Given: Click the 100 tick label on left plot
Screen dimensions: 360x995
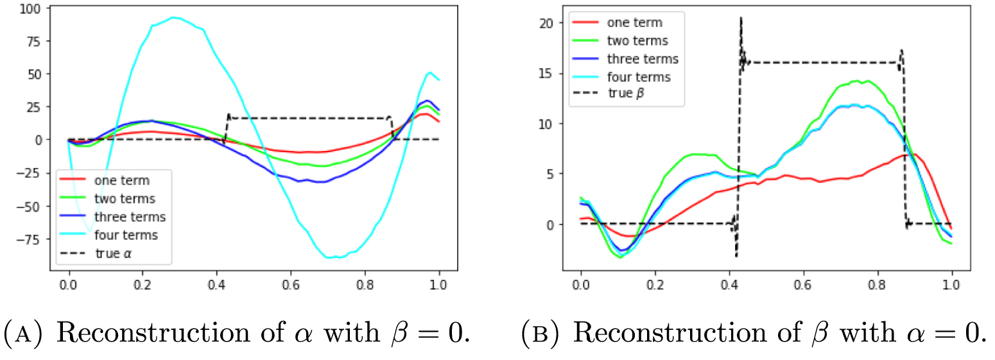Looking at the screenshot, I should coord(28,8).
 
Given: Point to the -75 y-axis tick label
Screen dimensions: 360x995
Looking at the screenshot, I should coord(26,238).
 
